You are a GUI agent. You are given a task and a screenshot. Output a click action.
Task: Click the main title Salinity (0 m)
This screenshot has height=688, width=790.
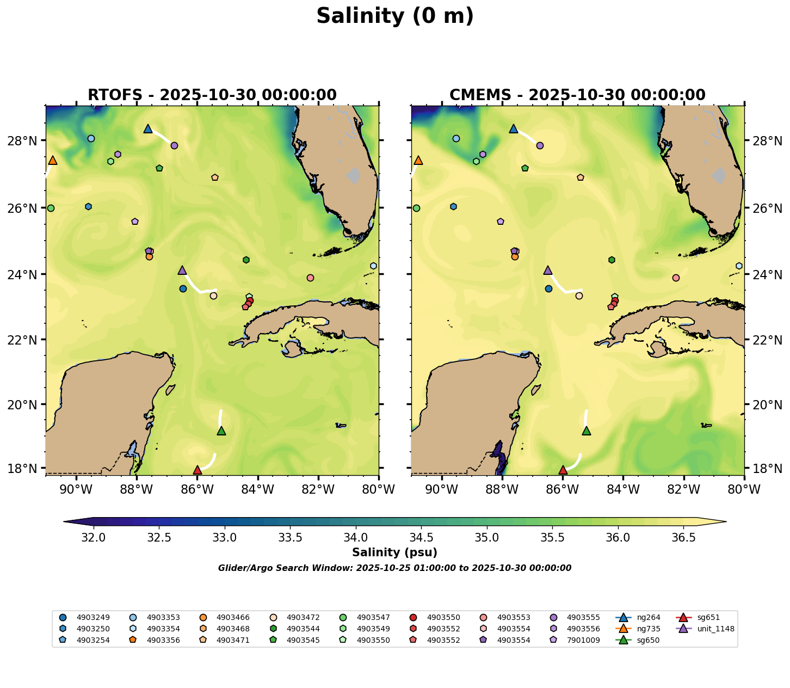[x=395, y=16]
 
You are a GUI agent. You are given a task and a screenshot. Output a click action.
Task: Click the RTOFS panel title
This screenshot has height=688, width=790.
[x=212, y=95]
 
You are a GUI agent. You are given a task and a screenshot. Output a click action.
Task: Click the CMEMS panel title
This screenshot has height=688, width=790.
[x=577, y=95]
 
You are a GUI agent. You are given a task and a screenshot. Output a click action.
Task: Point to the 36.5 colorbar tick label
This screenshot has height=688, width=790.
[x=683, y=538]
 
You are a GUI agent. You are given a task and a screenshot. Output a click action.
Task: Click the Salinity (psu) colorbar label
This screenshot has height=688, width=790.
[x=394, y=553]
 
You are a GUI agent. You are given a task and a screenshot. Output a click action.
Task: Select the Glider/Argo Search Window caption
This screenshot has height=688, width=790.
[x=394, y=568]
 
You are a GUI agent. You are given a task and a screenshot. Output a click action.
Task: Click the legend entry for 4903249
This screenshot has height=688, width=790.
[x=93, y=618]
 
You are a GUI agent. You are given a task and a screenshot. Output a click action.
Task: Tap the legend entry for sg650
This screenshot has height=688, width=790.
[x=648, y=640]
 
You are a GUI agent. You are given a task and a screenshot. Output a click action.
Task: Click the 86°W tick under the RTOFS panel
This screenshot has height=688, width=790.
[x=197, y=490]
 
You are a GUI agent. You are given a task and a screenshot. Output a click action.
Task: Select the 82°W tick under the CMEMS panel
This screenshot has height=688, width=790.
[x=684, y=490]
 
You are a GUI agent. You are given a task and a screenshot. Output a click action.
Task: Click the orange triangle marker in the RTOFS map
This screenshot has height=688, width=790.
[x=53, y=160]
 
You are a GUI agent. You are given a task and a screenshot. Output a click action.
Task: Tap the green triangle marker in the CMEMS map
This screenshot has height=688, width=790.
[x=587, y=431]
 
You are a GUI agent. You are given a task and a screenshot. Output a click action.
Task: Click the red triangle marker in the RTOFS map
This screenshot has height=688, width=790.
[x=197, y=470]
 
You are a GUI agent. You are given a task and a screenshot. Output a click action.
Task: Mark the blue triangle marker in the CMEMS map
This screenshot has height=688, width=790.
[x=513, y=129]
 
